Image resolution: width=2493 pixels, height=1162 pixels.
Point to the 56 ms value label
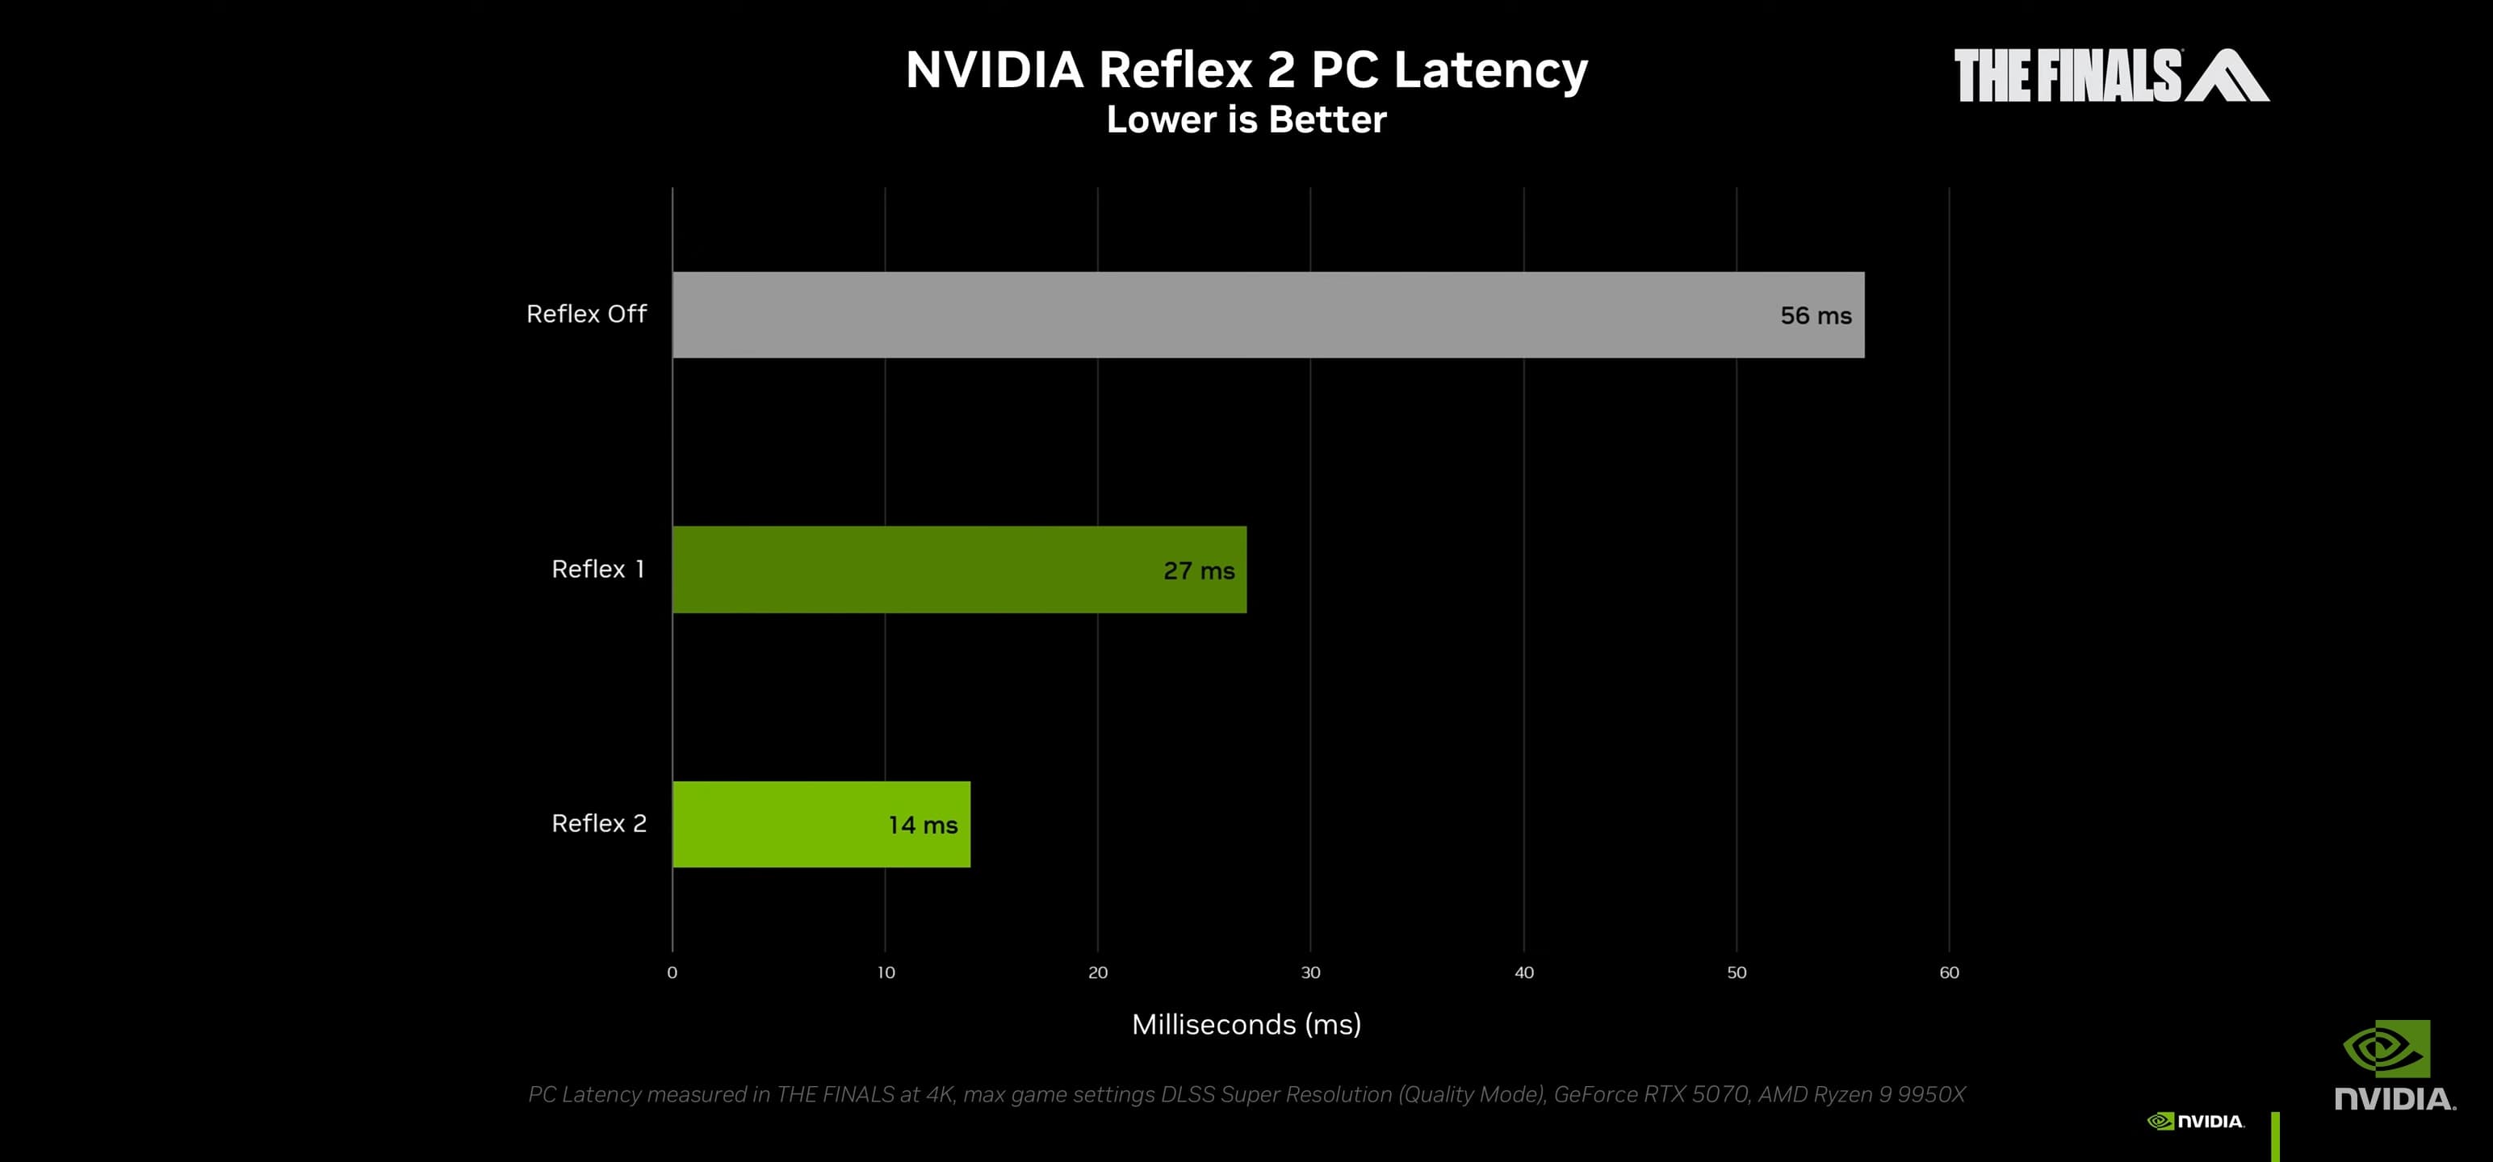click(1816, 316)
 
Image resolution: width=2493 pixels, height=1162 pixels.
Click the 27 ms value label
click(1198, 571)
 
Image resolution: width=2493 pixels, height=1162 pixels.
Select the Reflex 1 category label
click(598, 569)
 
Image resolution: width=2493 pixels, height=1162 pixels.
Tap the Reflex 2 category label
click(598, 823)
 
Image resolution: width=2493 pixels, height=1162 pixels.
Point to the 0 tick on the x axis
click(672, 972)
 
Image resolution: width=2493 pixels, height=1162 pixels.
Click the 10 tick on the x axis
click(886, 972)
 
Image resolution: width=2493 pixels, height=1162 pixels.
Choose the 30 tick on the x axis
click(1310, 972)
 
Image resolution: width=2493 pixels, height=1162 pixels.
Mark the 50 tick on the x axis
click(1737, 972)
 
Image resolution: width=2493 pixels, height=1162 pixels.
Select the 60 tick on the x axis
click(1949, 972)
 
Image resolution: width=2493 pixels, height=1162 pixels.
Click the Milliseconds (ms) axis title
click(1246, 1025)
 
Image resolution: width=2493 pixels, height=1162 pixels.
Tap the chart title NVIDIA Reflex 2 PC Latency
click(1246, 69)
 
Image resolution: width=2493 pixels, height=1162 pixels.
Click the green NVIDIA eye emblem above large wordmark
click(2386, 1048)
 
